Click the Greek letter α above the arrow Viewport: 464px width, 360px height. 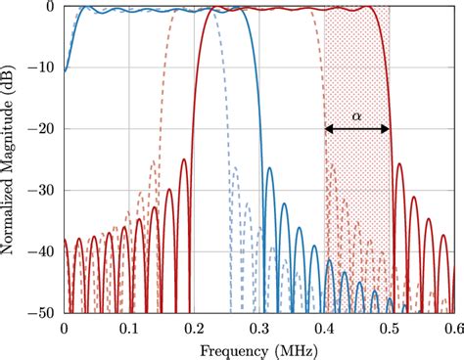click(x=357, y=115)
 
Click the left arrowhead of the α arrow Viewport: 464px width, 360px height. click(x=329, y=129)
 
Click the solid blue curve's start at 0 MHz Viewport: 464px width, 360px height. click(x=65, y=70)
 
